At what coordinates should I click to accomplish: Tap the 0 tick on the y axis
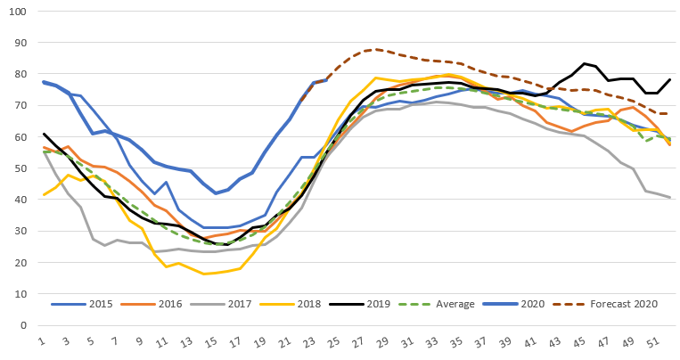tap(22, 325)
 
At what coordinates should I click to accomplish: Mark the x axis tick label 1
tap(42, 340)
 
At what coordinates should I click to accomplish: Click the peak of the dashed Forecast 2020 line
tap(376, 50)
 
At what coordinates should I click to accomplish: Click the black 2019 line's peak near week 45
tap(585, 63)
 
